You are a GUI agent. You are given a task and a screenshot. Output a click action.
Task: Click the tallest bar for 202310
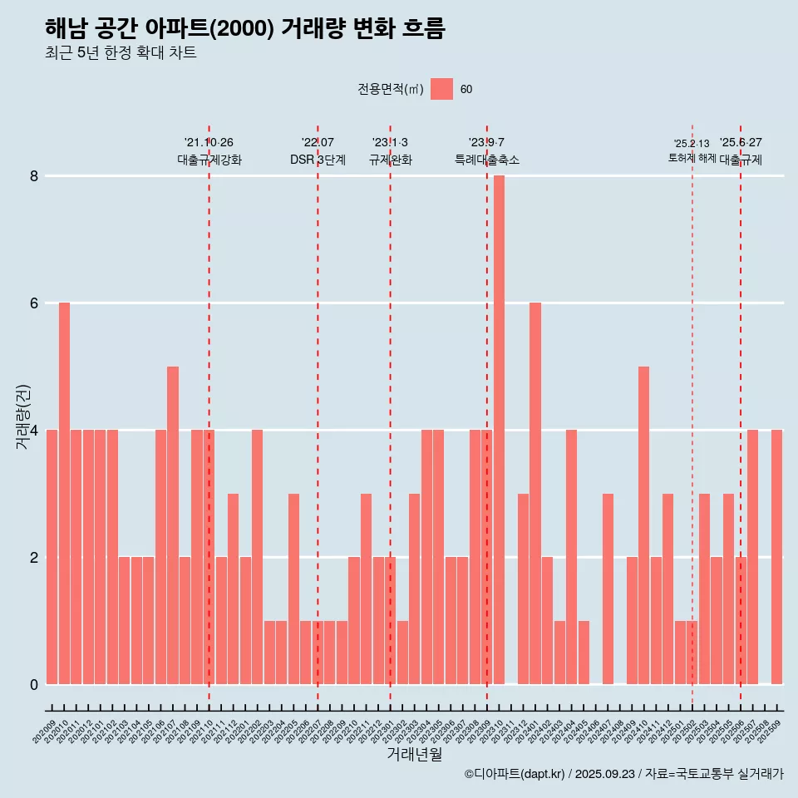coord(499,430)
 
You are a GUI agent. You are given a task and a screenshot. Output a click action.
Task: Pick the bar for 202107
coord(173,525)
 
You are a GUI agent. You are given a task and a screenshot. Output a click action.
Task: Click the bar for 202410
coord(643,525)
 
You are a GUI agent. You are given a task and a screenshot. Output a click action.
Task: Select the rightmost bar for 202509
coord(776,557)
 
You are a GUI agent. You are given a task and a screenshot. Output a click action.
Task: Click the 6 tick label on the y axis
coord(34,303)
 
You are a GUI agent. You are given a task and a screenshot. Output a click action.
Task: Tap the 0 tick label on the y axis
coord(34,685)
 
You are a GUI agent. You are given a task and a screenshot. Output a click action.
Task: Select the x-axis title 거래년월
coord(414,754)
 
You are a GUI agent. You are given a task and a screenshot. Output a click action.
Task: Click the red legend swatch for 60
coord(442,89)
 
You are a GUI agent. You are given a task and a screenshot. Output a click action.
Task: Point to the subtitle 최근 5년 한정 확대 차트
coord(121,53)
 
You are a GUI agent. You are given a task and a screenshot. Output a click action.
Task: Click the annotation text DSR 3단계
coord(318,160)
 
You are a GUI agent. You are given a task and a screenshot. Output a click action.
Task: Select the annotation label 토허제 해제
coord(692,158)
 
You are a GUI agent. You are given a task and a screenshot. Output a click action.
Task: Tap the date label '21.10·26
coord(209,142)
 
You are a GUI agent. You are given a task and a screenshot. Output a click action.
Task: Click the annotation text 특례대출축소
coord(487,160)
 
